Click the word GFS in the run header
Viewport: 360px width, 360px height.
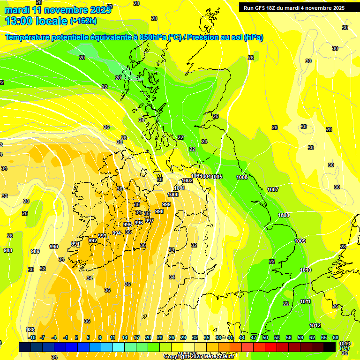coord(262,8)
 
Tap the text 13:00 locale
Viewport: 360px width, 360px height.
coord(36,21)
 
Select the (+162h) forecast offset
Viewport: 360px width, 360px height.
coord(83,21)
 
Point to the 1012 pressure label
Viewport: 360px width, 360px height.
coord(315,325)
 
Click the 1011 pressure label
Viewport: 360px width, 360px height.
coord(305,301)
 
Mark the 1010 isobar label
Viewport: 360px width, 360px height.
coord(306,270)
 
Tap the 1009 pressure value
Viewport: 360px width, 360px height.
coord(300,241)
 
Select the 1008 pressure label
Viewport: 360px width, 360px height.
coord(284,215)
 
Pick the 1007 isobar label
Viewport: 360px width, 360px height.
coord(273,189)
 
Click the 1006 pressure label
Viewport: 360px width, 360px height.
coord(242,177)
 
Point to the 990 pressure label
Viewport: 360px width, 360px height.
coord(54,247)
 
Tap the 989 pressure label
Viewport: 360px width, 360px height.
coord(35,251)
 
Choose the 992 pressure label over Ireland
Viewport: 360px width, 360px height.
coord(93,240)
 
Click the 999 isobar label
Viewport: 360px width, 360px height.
coord(166,204)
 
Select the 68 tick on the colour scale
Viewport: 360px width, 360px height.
coord(336,337)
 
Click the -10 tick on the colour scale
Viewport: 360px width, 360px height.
coord(32,337)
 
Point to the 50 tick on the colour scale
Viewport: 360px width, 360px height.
coord(265,337)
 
